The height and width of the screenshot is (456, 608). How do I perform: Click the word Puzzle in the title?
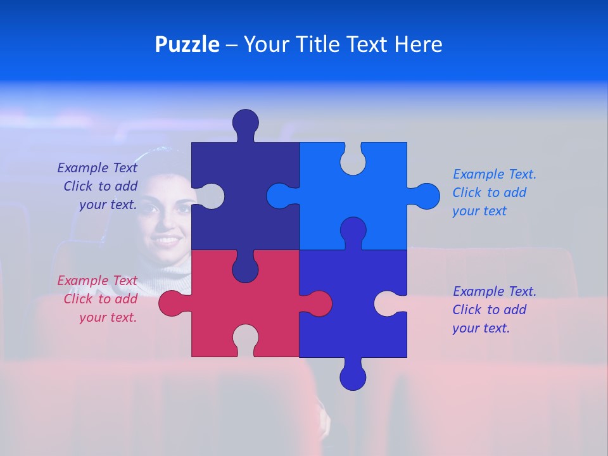click(187, 44)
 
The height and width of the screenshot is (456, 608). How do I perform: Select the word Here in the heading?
click(418, 44)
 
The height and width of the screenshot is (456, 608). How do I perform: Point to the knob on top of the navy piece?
click(246, 123)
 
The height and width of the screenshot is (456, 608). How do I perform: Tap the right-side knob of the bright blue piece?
click(425, 196)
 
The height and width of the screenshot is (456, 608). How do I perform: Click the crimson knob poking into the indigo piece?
click(317, 303)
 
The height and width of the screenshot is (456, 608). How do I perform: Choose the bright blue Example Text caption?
click(493, 193)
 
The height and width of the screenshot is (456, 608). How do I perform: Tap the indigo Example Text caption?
click(493, 310)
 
